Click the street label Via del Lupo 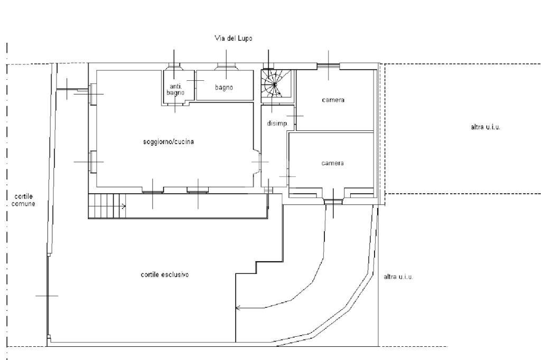234,38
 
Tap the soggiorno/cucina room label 169,141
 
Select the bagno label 224,88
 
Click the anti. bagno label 175,89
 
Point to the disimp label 277,123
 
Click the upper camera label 333,100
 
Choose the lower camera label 333,163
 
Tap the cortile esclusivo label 165,274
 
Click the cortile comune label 23,200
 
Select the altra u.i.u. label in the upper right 486,127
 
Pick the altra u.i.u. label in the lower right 398,277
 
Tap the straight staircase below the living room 107,206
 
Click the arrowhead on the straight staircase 124,206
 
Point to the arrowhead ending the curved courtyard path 237,307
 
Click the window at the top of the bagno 226,67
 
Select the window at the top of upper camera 329,66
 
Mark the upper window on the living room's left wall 92,94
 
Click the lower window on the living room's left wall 92,162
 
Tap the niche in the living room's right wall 257,162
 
